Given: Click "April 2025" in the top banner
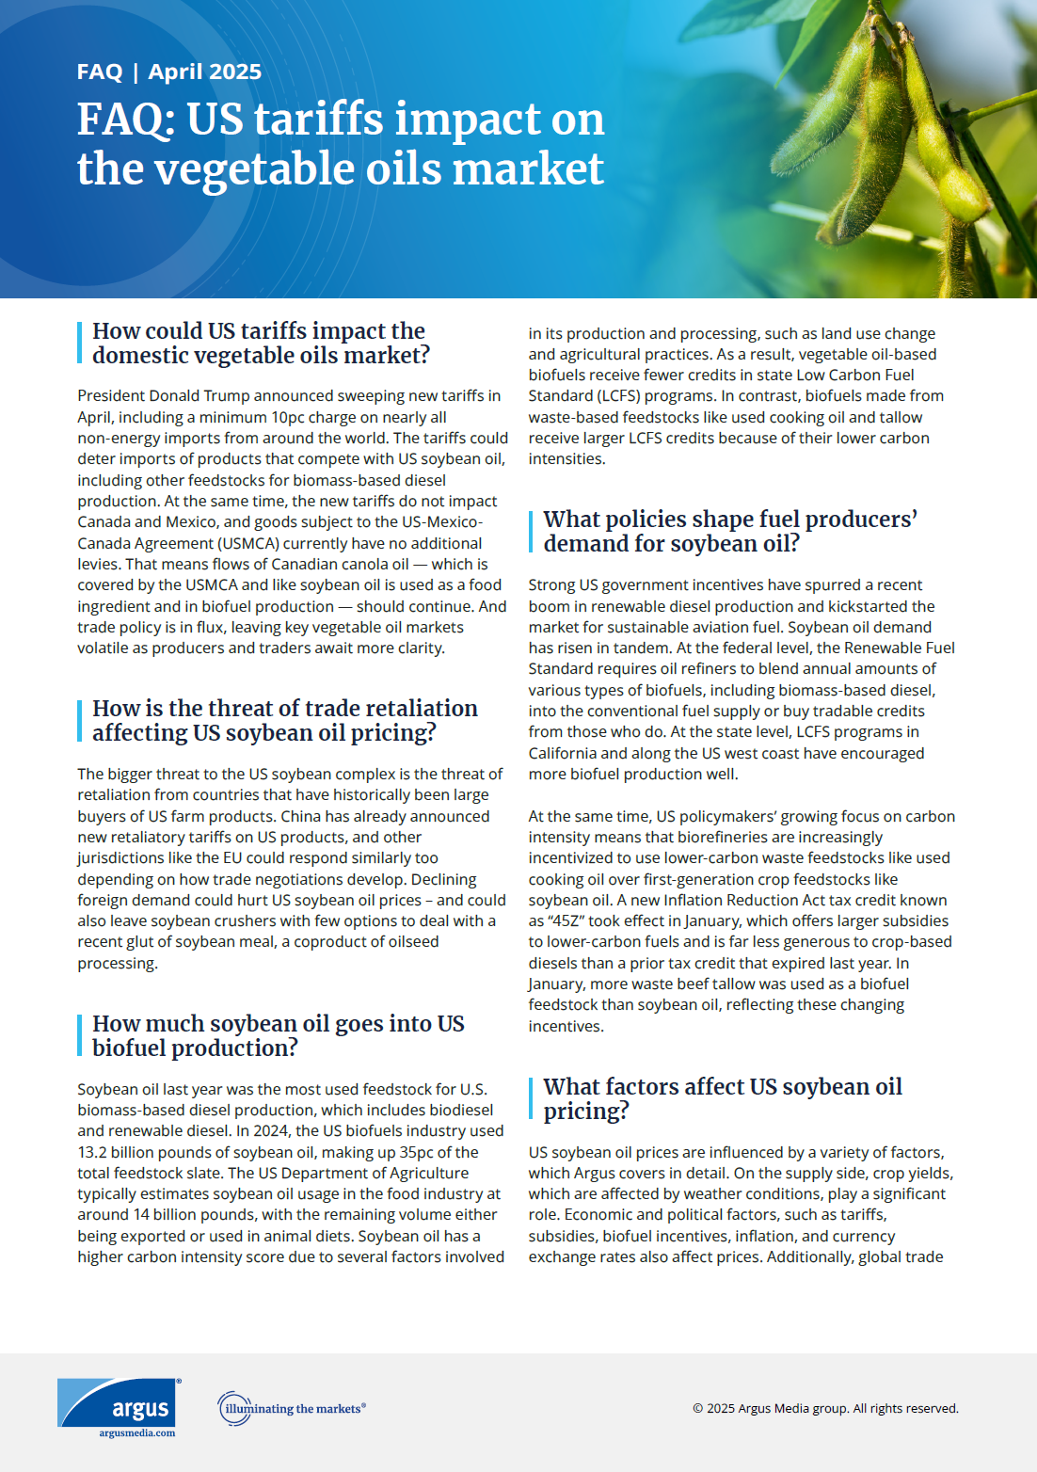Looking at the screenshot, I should [204, 72].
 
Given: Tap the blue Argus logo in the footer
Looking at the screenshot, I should [119, 1402].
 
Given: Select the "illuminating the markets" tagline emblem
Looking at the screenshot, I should [291, 1408].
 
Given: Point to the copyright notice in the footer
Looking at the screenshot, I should [825, 1408].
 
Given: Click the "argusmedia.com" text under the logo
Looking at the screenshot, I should [137, 1433].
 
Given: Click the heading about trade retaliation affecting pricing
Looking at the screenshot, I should [284, 720].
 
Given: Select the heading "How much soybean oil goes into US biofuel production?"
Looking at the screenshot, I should [278, 1035].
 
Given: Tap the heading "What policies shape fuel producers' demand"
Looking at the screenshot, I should [729, 531].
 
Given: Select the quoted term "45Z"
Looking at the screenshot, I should [566, 920].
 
